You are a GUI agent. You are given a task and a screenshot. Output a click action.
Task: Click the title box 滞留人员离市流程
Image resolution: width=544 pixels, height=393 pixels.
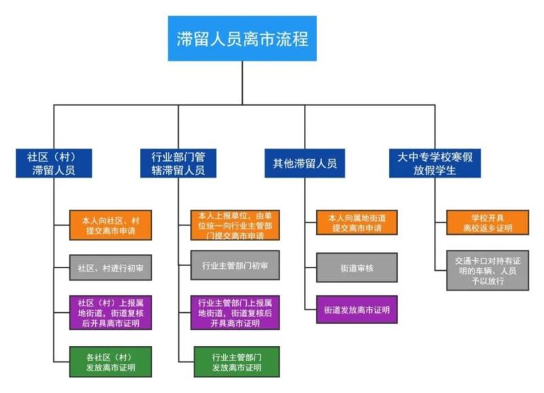(242, 39)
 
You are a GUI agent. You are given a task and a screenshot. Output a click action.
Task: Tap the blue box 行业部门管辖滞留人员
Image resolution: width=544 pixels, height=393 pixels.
(177, 163)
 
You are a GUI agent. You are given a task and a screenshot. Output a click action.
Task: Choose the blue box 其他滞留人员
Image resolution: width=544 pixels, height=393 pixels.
(305, 163)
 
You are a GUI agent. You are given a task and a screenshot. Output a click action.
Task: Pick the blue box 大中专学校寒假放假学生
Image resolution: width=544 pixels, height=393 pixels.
(435, 163)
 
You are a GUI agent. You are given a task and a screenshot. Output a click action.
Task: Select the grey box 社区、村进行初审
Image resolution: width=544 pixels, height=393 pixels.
(110, 268)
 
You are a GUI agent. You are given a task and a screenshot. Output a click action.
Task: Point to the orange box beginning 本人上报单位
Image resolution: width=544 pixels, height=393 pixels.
(235, 225)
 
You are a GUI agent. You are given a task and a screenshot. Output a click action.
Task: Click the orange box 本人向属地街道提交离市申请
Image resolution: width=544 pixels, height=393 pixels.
(356, 223)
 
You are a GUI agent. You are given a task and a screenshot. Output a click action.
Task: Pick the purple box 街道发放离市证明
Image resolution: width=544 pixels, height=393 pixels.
(356, 310)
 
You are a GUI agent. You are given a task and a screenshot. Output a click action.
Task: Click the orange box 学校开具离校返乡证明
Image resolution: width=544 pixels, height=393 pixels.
(487, 223)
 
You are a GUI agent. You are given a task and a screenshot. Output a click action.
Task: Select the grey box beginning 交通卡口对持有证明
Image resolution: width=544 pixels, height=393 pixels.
(487, 269)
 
